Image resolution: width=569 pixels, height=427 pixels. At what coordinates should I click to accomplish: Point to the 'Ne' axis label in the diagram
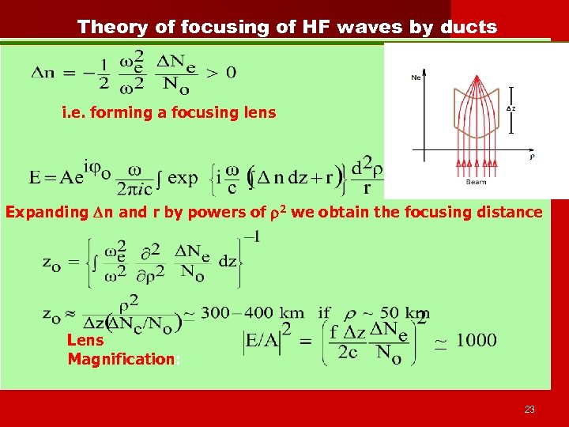pyautogui.click(x=416, y=77)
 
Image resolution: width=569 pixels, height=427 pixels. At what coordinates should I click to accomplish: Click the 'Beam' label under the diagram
pyautogui.click(x=477, y=182)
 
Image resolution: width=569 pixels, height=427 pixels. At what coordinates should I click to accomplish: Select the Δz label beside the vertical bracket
pyautogui.click(x=512, y=108)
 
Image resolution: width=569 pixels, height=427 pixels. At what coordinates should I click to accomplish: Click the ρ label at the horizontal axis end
pyautogui.click(x=531, y=157)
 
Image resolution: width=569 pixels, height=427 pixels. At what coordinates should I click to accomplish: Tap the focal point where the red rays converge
pyautogui.click(x=477, y=77)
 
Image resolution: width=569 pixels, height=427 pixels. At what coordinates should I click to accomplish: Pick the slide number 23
pyautogui.click(x=529, y=409)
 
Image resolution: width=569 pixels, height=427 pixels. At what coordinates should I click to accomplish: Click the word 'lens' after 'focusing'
pyautogui.click(x=259, y=112)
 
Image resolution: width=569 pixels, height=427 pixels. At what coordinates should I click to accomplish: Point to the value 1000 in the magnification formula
pyautogui.click(x=476, y=341)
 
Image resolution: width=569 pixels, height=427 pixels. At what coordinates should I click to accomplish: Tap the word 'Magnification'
pyautogui.click(x=121, y=360)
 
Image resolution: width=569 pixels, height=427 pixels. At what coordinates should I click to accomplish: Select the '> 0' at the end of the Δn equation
pyautogui.click(x=220, y=73)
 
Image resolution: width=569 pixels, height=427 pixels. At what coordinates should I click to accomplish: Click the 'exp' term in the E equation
pyautogui.click(x=183, y=176)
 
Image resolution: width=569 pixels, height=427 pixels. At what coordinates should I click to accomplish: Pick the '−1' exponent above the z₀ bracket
pyautogui.click(x=252, y=236)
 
